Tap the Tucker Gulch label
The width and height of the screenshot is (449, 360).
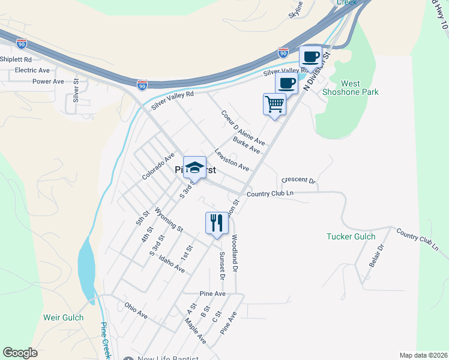pyautogui.click(x=351, y=236)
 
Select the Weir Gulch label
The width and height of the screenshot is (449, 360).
pyautogui.click(x=63, y=317)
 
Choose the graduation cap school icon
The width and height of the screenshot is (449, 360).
pyautogui.click(x=194, y=167)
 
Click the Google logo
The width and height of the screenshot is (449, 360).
pyautogui.click(x=20, y=353)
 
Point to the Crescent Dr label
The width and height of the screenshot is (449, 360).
pyautogui.click(x=298, y=180)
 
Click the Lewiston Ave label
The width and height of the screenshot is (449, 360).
pyautogui.click(x=232, y=160)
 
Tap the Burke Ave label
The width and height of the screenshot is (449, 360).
pyautogui.click(x=247, y=145)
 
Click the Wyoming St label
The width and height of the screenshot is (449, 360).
pyautogui.click(x=169, y=220)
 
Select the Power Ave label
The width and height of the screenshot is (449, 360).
pyautogui.click(x=48, y=82)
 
